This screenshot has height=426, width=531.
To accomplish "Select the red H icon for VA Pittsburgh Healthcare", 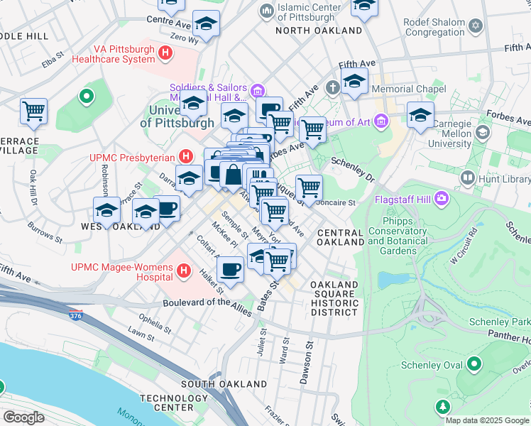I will [x=165, y=53].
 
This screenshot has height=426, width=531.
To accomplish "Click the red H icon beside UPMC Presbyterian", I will [x=185, y=155].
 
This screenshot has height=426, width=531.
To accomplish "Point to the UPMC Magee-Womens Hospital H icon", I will [x=185, y=271].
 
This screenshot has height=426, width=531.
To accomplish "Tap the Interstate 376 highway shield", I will [x=75, y=314].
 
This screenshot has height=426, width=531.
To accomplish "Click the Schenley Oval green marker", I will [x=473, y=365].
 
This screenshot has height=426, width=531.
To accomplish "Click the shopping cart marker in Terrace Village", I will [x=33, y=111].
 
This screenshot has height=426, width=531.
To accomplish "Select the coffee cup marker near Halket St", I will [x=230, y=270].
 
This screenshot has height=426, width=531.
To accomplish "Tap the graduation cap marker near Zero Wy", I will [x=206, y=24].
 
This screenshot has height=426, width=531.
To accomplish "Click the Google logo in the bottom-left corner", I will [x=23, y=417].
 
